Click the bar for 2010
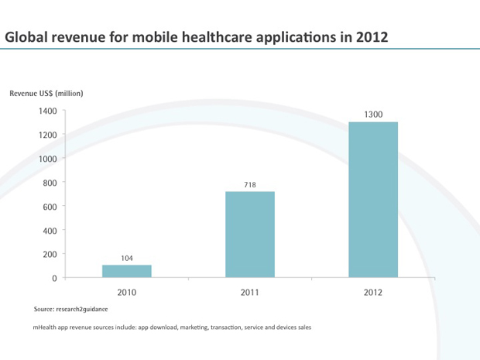[126, 271]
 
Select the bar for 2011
[249, 234]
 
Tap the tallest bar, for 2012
[373, 200]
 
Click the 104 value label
[126, 257]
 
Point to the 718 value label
[249, 184]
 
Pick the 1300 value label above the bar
[373, 115]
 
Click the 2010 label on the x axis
[126, 293]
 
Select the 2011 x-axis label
[249, 293]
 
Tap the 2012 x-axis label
[373, 293]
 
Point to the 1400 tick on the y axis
[47, 111]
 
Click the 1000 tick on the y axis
[47, 159]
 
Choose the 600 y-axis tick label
[50, 207]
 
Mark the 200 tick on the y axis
[50, 254]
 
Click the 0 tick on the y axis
[54, 278]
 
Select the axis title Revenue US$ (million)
[46, 93]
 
